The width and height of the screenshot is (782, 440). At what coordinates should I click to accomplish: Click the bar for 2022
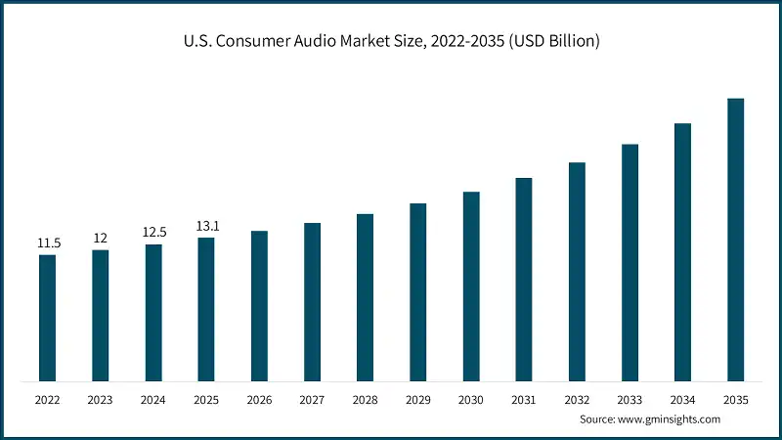coord(47,318)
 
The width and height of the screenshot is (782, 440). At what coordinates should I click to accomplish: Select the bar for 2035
coord(735,240)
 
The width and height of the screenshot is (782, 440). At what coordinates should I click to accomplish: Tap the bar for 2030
coord(471,286)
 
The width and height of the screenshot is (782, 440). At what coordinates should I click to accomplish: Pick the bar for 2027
coord(312,302)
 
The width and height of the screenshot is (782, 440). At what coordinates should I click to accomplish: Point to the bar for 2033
coord(630,263)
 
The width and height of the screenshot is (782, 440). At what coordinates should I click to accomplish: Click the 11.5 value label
coord(48,242)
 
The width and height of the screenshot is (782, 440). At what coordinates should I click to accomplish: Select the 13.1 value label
coord(206,226)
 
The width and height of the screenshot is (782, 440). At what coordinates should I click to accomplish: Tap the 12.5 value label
coord(153,233)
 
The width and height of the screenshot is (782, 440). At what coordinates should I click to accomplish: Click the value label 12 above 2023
coord(101,239)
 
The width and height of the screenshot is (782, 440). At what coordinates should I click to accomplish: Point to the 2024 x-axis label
coord(153,400)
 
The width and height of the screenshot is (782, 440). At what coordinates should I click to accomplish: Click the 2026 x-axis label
coord(259,400)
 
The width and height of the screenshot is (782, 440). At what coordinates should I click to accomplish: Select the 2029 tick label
coord(417,400)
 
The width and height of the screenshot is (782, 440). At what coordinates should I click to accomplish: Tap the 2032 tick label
coord(577,400)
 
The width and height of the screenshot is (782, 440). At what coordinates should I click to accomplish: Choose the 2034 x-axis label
coord(682,400)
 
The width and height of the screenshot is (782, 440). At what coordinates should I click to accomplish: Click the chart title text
coord(391,41)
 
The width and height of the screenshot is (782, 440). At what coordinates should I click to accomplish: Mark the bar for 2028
coord(365,297)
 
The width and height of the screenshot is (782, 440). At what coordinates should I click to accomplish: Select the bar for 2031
coord(524,280)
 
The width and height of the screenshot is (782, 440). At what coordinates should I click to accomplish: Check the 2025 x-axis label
coord(206,400)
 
